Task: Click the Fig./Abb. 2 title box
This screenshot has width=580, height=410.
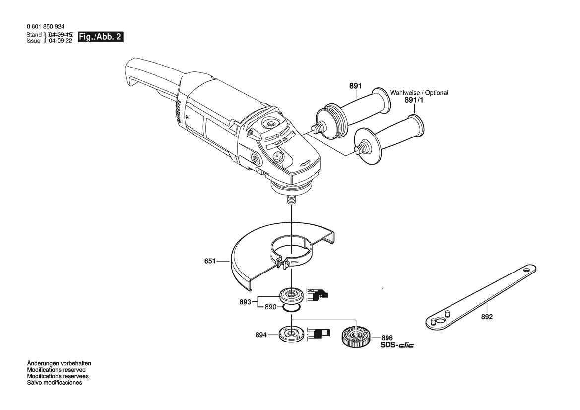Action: (100, 37)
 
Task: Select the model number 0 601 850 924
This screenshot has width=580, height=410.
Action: (46, 27)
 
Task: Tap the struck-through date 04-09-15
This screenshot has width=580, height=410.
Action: (61, 34)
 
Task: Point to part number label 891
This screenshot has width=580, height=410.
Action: (355, 86)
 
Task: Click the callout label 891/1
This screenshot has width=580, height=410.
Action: (414, 100)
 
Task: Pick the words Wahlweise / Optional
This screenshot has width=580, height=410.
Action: (419, 92)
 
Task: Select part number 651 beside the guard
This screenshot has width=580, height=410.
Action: (210, 261)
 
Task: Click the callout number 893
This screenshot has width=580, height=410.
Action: (245, 302)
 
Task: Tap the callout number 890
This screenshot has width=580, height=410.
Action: (270, 307)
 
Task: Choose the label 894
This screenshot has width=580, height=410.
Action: (261, 335)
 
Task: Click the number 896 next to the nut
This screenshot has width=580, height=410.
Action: (387, 338)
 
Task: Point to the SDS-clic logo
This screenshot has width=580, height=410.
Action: (397, 345)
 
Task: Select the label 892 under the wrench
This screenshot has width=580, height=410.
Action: (487, 317)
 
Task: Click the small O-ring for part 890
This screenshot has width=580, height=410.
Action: (292, 309)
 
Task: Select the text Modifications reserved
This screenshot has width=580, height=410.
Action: (56, 370)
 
